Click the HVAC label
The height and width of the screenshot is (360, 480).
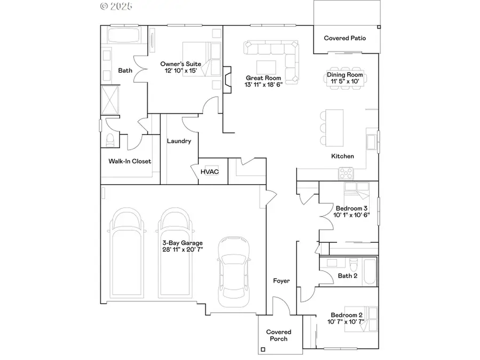point(210,172)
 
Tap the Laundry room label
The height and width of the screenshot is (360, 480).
point(179,141)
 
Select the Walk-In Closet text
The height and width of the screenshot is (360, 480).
point(130,161)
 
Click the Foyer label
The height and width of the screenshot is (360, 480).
point(281,281)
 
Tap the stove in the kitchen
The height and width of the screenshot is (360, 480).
point(346,173)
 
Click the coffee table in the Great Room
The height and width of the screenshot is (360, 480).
point(266,67)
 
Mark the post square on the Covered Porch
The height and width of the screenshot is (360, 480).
point(262,350)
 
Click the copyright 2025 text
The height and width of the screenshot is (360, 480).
point(116,6)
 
